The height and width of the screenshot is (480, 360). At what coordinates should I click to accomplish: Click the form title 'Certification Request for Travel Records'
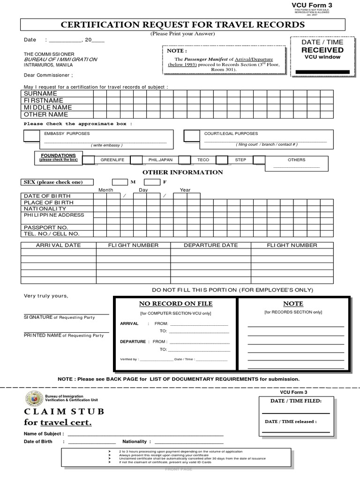pyautogui.click(x=183, y=25)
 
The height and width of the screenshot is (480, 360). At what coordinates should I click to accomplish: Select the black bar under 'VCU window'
pyautogui.click(x=322, y=72)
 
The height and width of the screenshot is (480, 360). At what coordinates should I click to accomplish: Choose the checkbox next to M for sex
pyautogui.click(x=120, y=182)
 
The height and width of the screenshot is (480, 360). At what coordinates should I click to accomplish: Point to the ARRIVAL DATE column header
pyautogui.click(x=59, y=245)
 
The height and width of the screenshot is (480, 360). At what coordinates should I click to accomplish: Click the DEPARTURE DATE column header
pyautogui.click(x=210, y=245)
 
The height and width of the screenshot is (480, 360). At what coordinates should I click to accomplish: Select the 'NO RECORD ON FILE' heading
pyautogui.click(x=176, y=304)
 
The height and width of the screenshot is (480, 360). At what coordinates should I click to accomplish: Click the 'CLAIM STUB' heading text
pyautogui.click(x=64, y=412)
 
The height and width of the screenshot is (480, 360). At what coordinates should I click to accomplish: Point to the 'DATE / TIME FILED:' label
pyautogui.click(x=296, y=401)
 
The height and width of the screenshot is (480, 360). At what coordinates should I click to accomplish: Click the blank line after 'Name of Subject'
pyautogui.click(x=145, y=434)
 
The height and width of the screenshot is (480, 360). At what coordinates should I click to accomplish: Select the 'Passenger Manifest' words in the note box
pyautogui.click(x=205, y=60)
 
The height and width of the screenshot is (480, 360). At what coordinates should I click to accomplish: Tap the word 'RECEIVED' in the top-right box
pyautogui.click(x=322, y=50)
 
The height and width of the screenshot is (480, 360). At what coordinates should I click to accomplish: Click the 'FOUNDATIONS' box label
pyautogui.click(x=58, y=155)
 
